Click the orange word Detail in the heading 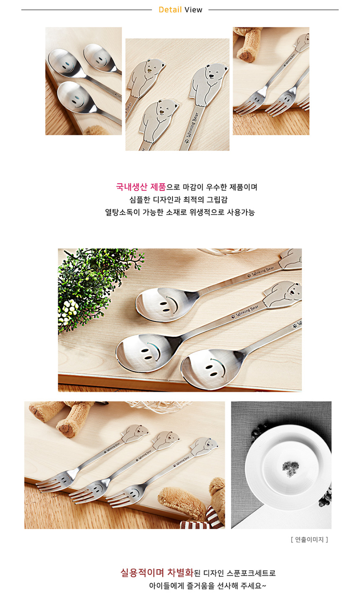click(x=170, y=10)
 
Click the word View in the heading click(x=193, y=10)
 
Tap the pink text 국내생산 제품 click(x=141, y=187)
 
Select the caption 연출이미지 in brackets click(x=309, y=539)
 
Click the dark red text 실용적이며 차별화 click(x=157, y=572)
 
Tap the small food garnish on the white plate click(x=290, y=468)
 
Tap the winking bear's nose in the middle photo click(x=162, y=112)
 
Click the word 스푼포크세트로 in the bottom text click(x=251, y=573)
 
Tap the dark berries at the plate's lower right click(x=325, y=498)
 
